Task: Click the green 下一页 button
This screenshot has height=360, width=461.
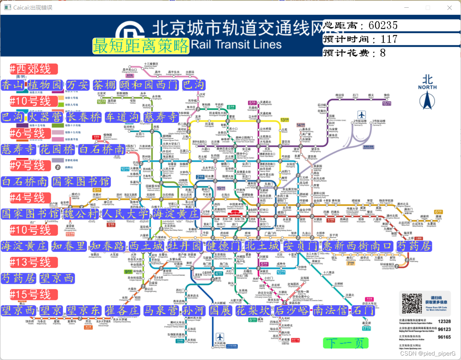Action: (x=345, y=343)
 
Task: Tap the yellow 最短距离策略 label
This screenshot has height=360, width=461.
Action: (x=141, y=46)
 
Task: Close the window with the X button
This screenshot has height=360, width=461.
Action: (x=449, y=7)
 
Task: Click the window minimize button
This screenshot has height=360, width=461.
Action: (x=407, y=7)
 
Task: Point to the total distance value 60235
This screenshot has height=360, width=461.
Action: (x=383, y=25)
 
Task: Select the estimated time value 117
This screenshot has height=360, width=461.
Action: (x=389, y=39)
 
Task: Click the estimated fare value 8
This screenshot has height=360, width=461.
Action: (x=383, y=53)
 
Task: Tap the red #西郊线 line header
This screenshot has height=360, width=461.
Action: (x=34, y=69)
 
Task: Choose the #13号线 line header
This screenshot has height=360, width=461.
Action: (x=34, y=262)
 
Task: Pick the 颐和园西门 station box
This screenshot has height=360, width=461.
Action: (x=149, y=85)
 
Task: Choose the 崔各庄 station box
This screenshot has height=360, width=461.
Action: (x=122, y=310)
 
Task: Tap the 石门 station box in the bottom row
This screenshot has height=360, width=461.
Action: (x=363, y=310)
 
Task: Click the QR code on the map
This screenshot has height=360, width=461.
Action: (x=412, y=303)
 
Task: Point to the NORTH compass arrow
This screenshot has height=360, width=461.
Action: (x=427, y=100)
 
